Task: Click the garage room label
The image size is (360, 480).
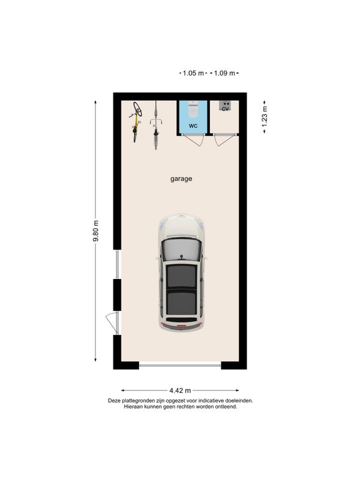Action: [x=181, y=179]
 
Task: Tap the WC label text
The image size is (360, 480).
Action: [x=193, y=126]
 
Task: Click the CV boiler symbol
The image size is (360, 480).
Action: [x=226, y=106]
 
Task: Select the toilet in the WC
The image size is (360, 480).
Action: [x=193, y=109]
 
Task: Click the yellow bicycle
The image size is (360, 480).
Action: [x=136, y=122]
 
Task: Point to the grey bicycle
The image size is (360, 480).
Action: [x=156, y=125]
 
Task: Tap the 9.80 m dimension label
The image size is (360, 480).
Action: [x=96, y=231]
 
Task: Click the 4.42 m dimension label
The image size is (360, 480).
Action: [x=180, y=391]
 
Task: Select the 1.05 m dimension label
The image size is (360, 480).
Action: [x=193, y=73]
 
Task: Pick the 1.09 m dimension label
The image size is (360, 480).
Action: [x=224, y=73]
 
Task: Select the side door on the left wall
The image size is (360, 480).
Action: [x=112, y=323]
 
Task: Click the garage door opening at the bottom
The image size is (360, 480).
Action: [x=180, y=365]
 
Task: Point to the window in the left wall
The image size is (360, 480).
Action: [x=117, y=265]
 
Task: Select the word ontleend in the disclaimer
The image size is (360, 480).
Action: [x=227, y=407]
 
